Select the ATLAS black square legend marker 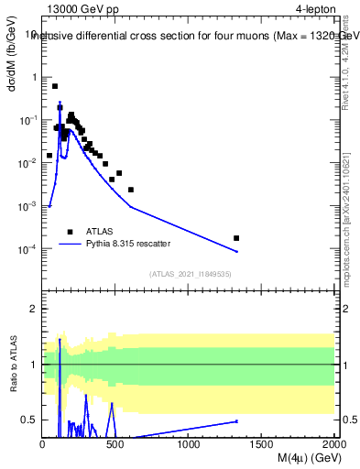[x=71, y=232]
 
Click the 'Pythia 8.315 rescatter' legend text [x=129, y=245]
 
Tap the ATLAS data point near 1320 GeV [x=236, y=238]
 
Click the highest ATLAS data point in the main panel [x=55, y=86]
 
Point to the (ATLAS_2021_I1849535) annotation [x=191, y=274]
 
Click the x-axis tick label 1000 [x=189, y=444]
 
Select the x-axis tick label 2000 [x=333, y=444]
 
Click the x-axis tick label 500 [x=115, y=444]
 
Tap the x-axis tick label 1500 [x=261, y=444]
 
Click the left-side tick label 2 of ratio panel [x=33, y=309]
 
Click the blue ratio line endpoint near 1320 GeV [x=236, y=421]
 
